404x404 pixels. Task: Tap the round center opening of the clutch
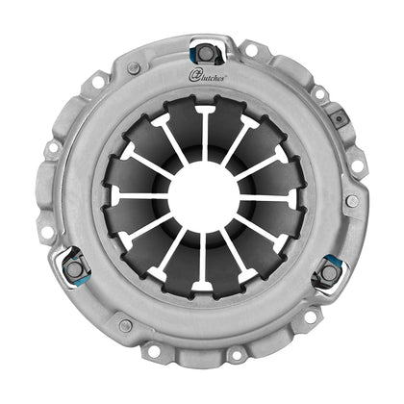[x=202, y=194]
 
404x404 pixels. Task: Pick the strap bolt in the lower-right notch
[x=329, y=271]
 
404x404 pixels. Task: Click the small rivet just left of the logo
[x=134, y=69]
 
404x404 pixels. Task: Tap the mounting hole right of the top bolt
[x=250, y=49]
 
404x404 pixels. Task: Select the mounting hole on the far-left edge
[x=51, y=149]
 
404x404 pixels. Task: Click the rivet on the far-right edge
[x=353, y=201]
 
